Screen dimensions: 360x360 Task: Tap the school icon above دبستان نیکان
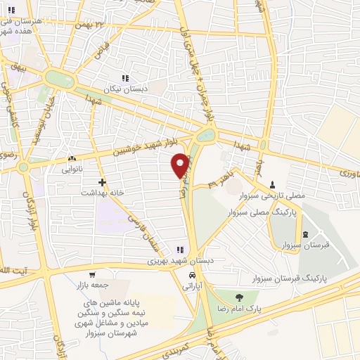point(125,78)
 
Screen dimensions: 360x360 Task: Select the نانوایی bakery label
point(72,169)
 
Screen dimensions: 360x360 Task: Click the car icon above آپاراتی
point(192,275)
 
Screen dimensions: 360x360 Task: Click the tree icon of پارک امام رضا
point(241,297)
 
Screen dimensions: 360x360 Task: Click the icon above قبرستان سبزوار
point(304,235)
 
